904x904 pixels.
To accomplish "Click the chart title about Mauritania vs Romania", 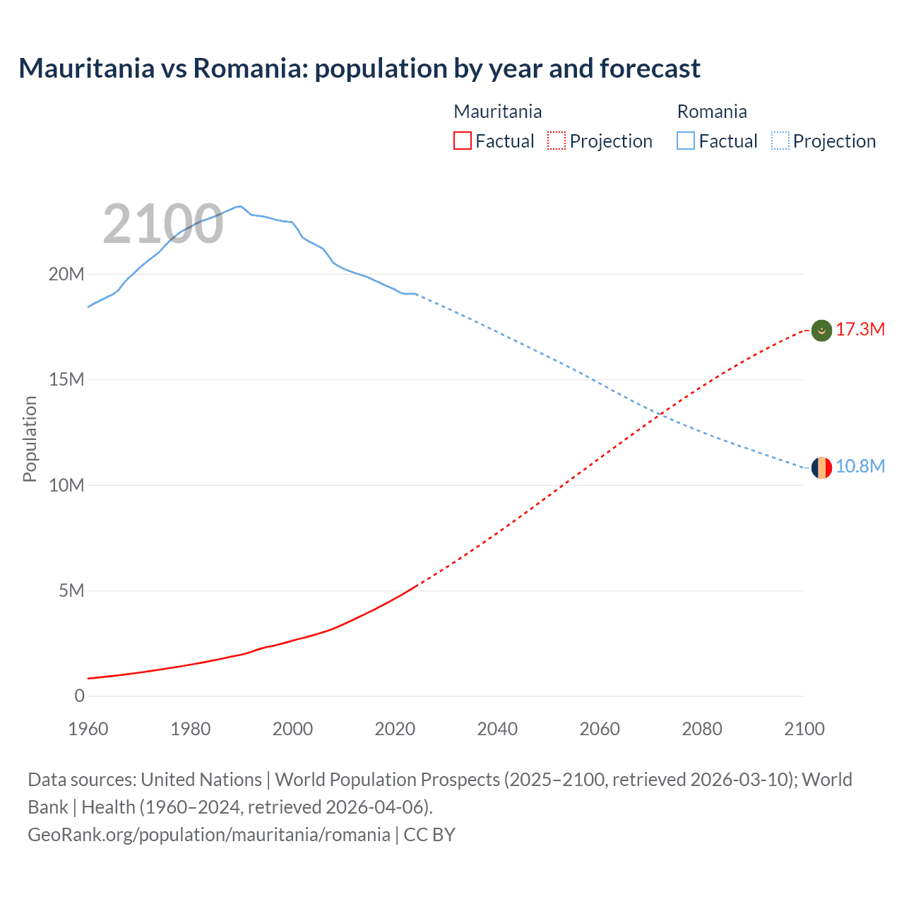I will click(x=359, y=69).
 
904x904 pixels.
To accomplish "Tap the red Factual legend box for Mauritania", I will click(x=462, y=141).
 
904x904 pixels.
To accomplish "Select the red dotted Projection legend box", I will click(x=557, y=141).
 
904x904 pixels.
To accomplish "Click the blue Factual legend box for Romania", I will click(x=686, y=141).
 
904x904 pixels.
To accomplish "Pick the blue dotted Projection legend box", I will click(x=780, y=141).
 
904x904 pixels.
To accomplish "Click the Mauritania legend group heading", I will click(x=497, y=112).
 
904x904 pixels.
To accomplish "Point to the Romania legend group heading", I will click(x=711, y=112).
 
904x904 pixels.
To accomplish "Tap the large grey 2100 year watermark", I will click(x=163, y=224).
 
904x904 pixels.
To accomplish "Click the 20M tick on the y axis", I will click(x=66, y=274).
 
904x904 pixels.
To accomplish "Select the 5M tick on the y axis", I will click(x=71, y=590).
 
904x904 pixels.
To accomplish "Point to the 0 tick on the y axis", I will click(x=79, y=696).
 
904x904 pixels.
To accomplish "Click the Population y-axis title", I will click(x=30, y=439).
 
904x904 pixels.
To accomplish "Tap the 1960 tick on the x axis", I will click(x=88, y=729).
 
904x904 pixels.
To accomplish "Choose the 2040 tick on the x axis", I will click(x=497, y=729).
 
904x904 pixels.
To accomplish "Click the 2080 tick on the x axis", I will click(x=702, y=729).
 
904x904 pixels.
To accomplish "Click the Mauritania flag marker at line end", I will click(x=821, y=330).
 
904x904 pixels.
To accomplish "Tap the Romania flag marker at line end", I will click(x=821, y=468).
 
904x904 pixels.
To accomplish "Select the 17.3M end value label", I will click(x=860, y=330).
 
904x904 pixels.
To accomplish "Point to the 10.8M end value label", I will click(x=860, y=467).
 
